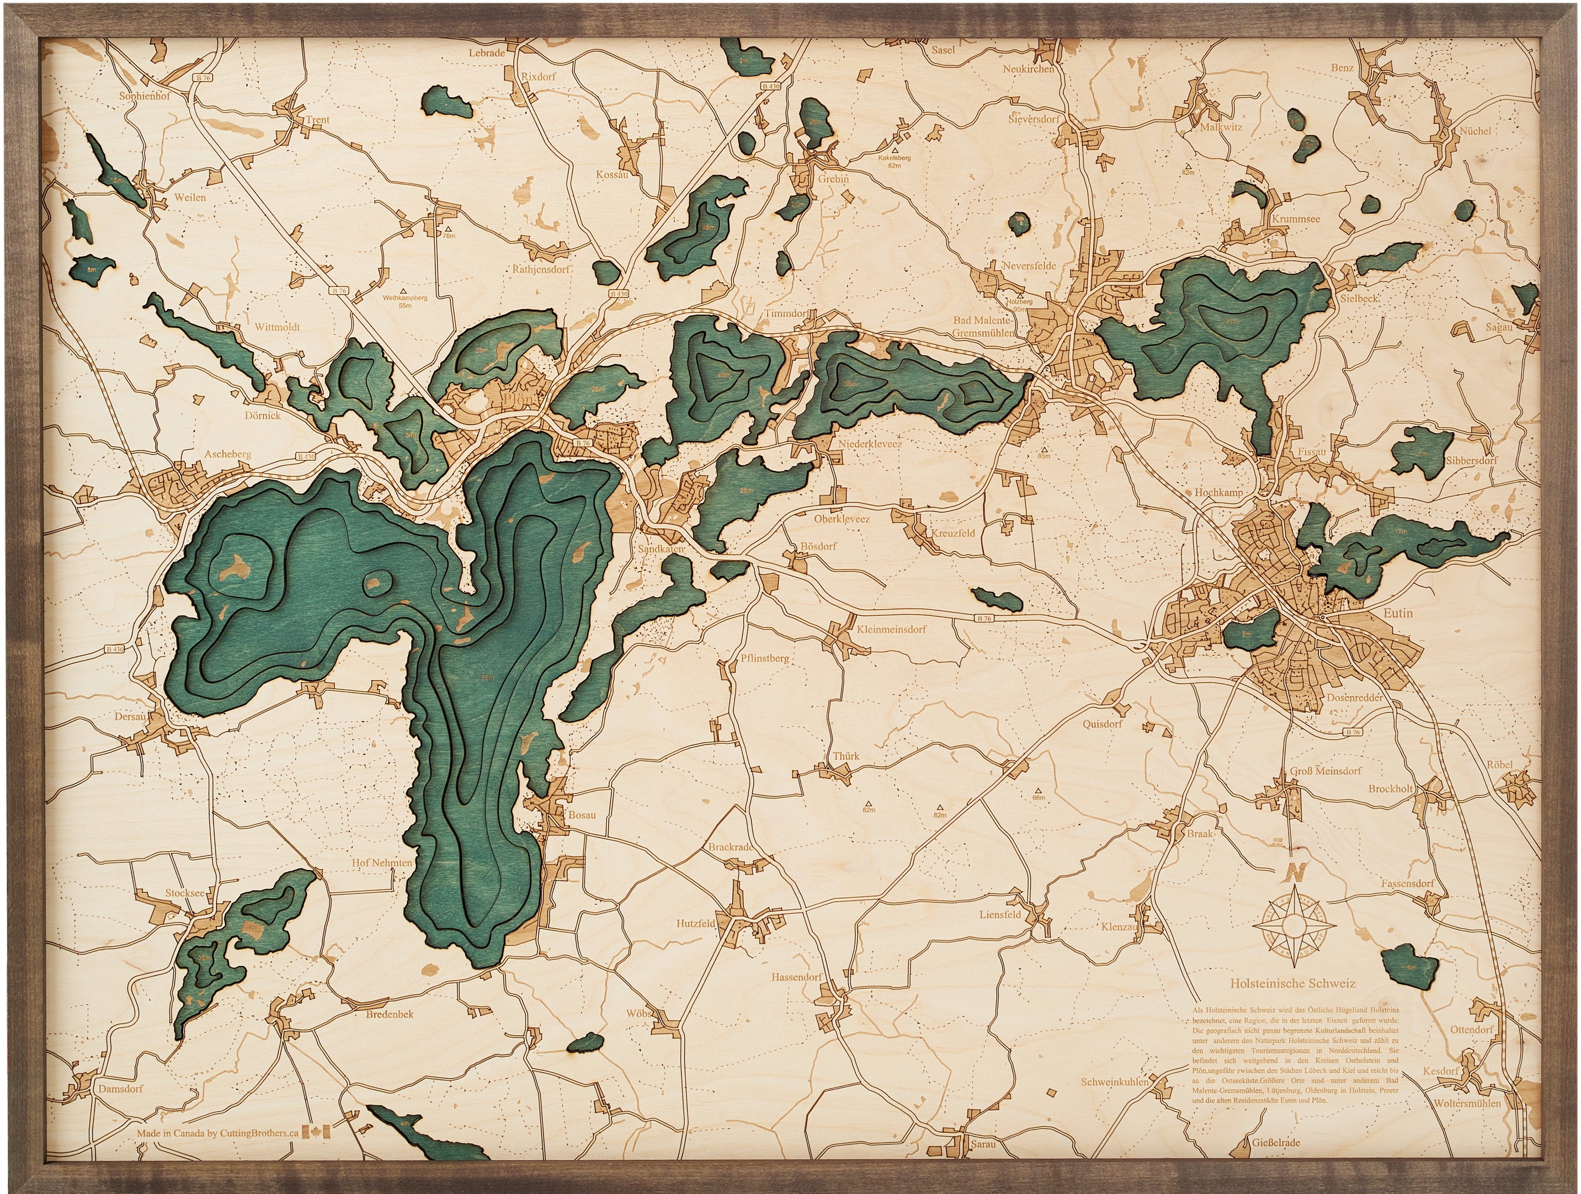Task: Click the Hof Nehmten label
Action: [x=382, y=863]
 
